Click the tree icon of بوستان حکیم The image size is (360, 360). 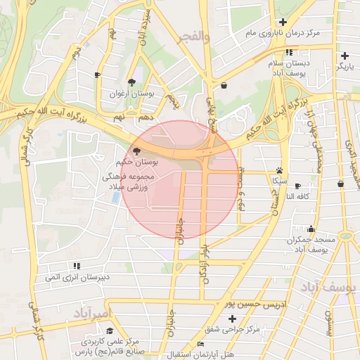(x=136, y=150)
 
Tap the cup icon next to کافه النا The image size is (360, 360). (x=298, y=186)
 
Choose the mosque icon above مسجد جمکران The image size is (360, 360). (x=311, y=229)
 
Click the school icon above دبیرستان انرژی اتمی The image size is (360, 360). (x=76, y=266)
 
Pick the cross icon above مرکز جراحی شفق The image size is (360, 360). (x=233, y=319)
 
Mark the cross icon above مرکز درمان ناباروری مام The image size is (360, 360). (x=283, y=22)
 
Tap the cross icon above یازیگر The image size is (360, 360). (x=345, y=56)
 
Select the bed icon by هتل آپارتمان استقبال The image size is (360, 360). (x=201, y=344)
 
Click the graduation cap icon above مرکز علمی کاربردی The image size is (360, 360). (x=109, y=330)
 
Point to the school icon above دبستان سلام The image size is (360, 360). (x=289, y=52)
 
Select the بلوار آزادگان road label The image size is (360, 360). (x=205, y=264)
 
